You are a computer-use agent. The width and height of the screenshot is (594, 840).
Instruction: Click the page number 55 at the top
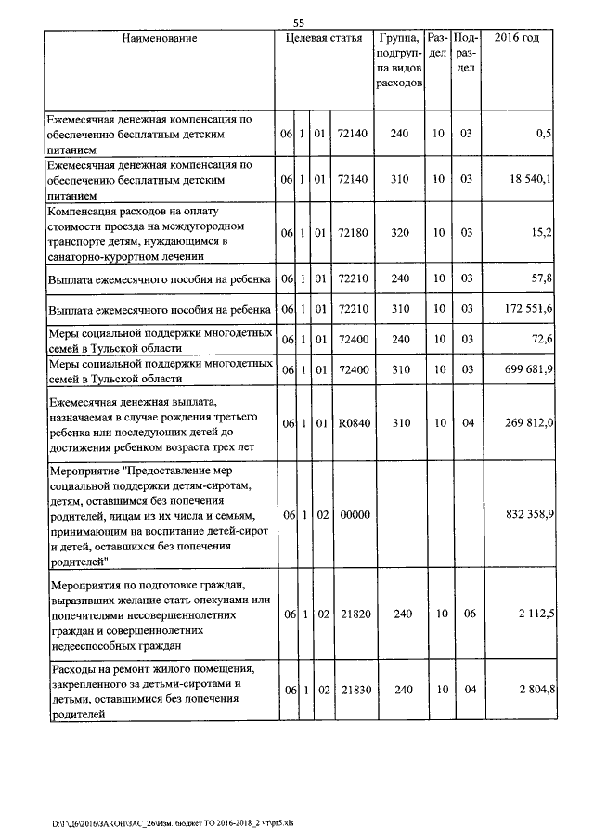tap(298, 22)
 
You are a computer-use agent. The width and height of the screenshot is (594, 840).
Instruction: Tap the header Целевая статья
tap(323, 38)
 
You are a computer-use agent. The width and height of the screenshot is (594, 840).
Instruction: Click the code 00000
tap(353, 514)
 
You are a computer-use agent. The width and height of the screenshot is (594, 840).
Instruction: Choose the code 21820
tap(353, 614)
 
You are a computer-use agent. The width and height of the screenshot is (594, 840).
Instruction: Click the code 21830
tap(353, 689)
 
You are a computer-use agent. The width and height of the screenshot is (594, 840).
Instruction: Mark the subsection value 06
tap(467, 614)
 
